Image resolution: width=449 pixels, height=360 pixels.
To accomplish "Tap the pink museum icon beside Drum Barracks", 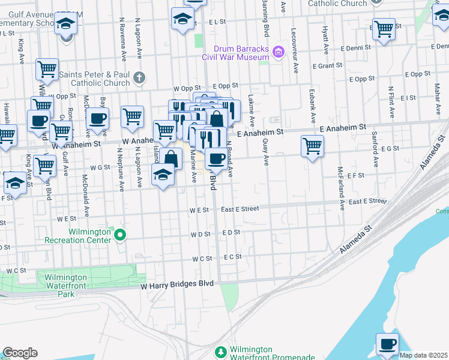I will pyautogui.click(x=277, y=53).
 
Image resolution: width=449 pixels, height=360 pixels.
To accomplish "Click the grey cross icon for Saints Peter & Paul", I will pyautogui.click(x=139, y=76).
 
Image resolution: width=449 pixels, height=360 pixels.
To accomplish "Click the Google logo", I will pyautogui.click(x=20, y=353).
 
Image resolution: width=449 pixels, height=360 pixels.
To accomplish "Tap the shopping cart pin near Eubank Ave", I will pyautogui.click(x=312, y=145).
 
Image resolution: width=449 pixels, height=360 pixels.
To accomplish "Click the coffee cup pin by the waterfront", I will pyautogui.click(x=387, y=344).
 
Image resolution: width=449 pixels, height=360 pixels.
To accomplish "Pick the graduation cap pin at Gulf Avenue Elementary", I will pyautogui.click(x=66, y=25).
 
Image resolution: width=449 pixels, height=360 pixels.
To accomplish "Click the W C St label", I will pyautogui.click(x=202, y=258).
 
